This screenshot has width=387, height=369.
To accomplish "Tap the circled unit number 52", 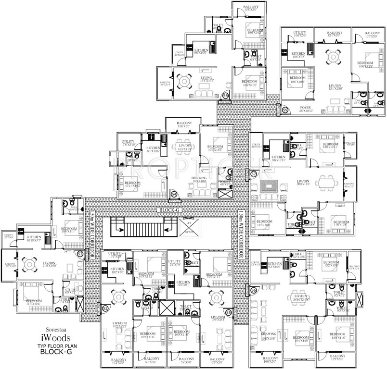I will coord(105,308).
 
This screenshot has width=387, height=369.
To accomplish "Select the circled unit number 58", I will coord(226,96).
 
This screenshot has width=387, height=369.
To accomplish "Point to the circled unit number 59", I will coord(285,111).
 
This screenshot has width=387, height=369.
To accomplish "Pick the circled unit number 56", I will coord(253,290).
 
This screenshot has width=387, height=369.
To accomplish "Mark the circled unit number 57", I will coord(254,173).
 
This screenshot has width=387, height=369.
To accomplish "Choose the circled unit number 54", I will coord(174,194).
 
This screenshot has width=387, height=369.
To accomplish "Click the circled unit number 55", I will coord(228,312).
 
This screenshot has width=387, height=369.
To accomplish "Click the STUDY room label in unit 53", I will coord(71,290).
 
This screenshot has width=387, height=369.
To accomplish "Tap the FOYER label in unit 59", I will coord(305,108).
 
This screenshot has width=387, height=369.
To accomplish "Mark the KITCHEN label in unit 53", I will coord(35,237).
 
